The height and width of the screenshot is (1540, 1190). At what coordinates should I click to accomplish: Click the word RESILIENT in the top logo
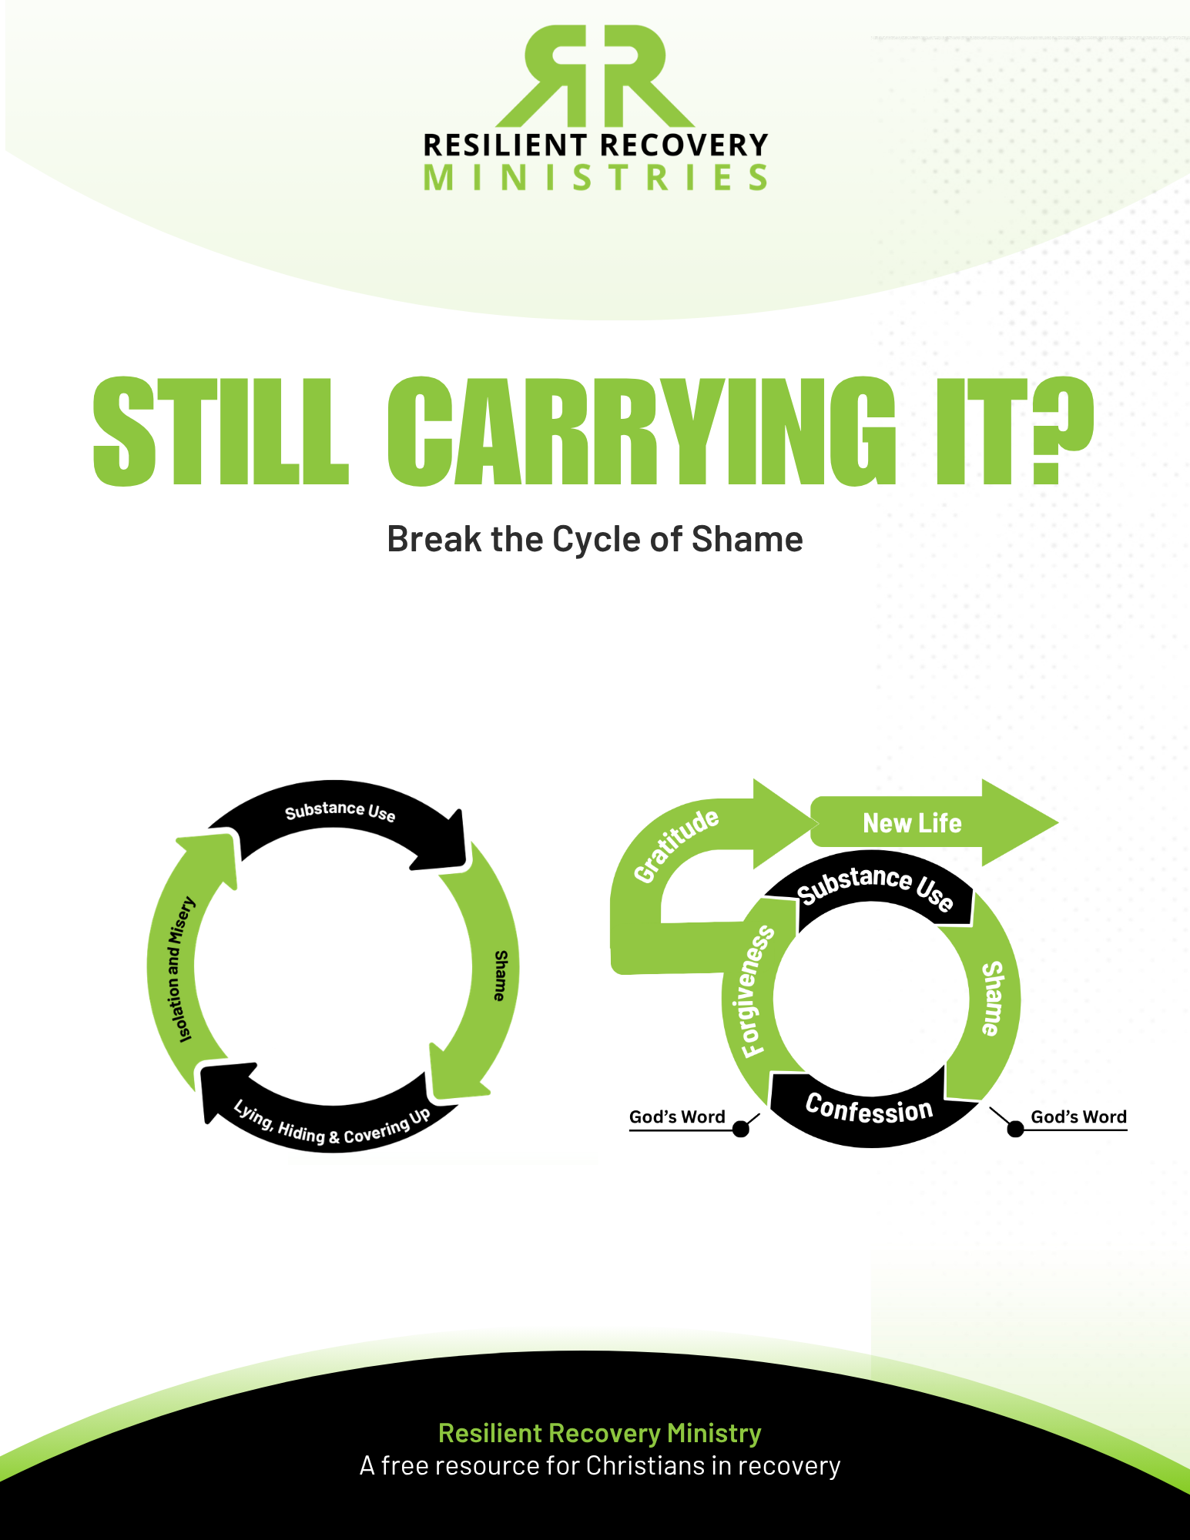pyautogui.click(x=505, y=146)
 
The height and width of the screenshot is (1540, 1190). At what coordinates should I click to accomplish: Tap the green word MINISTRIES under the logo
pyautogui.click(x=595, y=178)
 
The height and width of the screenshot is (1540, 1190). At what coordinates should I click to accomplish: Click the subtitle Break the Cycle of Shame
pyautogui.click(x=595, y=539)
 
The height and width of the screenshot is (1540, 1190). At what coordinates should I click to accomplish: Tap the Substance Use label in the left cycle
pyautogui.click(x=340, y=812)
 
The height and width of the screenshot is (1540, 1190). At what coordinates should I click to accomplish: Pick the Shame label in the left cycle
pyautogui.click(x=501, y=975)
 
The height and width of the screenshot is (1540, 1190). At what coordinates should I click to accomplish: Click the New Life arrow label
pyautogui.click(x=912, y=823)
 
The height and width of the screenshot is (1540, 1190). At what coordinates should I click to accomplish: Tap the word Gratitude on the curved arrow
pyautogui.click(x=675, y=845)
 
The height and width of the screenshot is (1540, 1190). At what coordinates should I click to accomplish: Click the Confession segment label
pyautogui.click(x=869, y=1109)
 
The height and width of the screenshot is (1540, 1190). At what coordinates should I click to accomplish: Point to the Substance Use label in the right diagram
pyautogui.click(x=875, y=886)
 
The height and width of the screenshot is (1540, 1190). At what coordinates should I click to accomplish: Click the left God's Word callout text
pyautogui.click(x=677, y=1116)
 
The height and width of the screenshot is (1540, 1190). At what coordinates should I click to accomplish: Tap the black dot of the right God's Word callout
pyautogui.click(x=1015, y=1129)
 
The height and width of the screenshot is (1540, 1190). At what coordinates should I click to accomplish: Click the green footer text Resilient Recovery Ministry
pyautogui.click(x=599, y=1433)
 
